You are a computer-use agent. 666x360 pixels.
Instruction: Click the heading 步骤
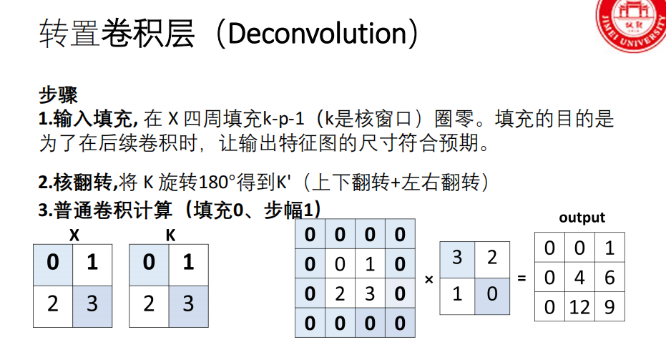(58, 94)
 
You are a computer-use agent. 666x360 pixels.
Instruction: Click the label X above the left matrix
(73, 234)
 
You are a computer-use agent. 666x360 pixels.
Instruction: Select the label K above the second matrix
(170, 234)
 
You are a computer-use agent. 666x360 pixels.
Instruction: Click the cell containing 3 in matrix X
(92, 304)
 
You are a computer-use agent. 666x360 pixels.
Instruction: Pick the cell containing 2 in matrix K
(149, 304)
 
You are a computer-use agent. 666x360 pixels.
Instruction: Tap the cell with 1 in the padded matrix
(370, 264)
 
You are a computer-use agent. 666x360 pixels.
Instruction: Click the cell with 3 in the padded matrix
(370, 293)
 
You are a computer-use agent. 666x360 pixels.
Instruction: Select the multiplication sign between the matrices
(429, 279)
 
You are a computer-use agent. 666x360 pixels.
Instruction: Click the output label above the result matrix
(582, 218)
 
